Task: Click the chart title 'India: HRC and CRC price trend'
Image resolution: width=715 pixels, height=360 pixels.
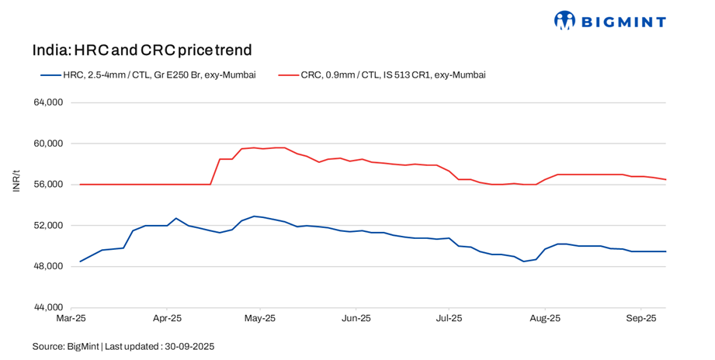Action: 142,51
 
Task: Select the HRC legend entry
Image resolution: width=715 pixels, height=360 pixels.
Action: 148,75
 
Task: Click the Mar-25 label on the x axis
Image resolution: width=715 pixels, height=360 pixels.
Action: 71,319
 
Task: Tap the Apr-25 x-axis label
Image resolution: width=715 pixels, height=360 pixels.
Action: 166,319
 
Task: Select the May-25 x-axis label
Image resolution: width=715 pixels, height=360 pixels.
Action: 260,319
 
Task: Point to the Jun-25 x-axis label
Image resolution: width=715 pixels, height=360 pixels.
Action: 356,319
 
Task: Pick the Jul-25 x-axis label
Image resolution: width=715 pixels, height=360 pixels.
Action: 449,319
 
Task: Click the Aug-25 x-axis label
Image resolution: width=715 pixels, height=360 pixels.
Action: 545,319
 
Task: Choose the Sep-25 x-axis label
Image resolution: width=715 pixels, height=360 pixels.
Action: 640,319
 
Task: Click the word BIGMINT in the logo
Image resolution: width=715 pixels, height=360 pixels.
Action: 621,22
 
